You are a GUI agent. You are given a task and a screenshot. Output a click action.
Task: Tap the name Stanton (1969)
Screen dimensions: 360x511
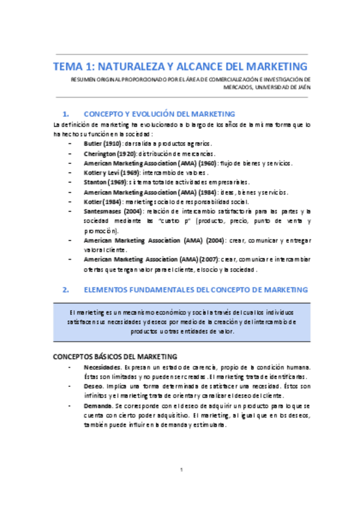coord(105,183)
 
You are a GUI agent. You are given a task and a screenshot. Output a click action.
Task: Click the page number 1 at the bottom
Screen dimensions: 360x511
coord(180,469)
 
